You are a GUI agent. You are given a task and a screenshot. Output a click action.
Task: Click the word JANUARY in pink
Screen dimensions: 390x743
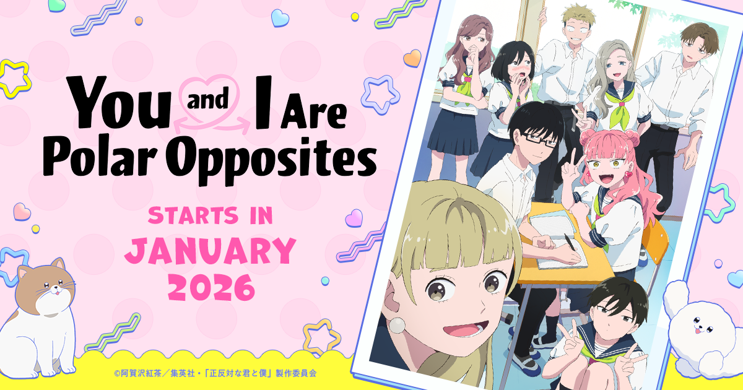coord(210,251)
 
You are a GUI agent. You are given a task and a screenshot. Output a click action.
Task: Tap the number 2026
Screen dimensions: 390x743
coord(210,287)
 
